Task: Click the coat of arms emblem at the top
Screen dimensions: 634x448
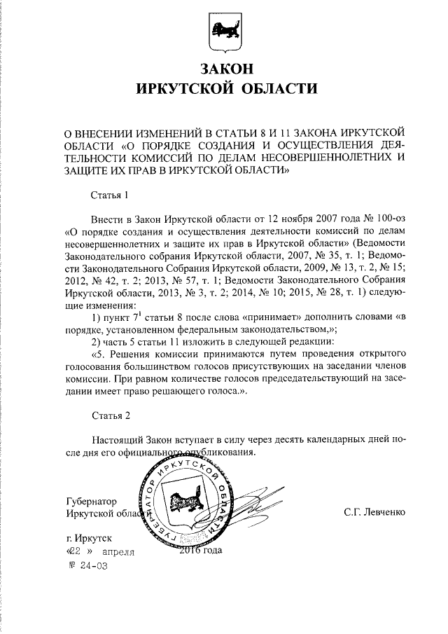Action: (223, 30)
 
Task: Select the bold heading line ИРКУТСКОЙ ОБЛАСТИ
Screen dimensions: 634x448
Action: (223, 89)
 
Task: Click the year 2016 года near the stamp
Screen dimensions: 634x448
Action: (200, 551)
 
